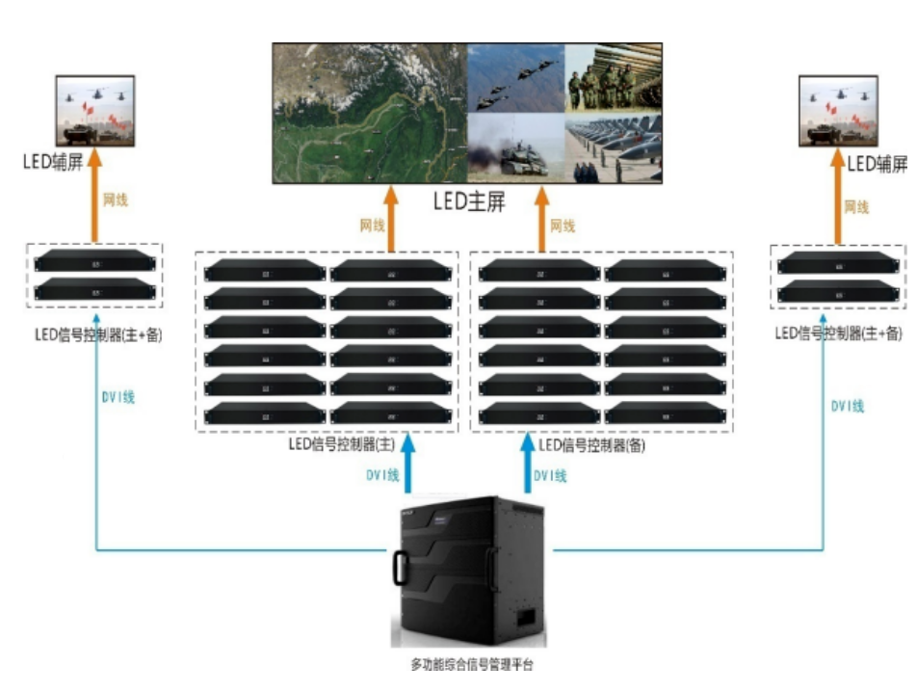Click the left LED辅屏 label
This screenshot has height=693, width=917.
coord(53,159)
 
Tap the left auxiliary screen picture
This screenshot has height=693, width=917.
coord(94,111)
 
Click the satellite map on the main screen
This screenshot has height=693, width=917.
coord(369,113)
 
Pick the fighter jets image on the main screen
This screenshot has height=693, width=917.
coord(515,77)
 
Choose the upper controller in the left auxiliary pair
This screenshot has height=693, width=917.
coord(94,262)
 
